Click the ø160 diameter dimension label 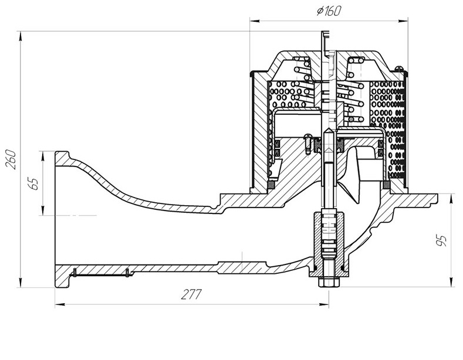coord(329,11)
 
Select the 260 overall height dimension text coord(11,159)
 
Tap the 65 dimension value coord(35,184)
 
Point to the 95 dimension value coord(441,240)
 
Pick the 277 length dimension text coord(191,294)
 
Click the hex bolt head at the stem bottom coord(329,283)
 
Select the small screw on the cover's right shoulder coord(398,69)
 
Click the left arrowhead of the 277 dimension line coord(60,304)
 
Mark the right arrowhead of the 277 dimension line coord(325,304)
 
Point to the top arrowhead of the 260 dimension coord(21,36)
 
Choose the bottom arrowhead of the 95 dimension coord(451,282)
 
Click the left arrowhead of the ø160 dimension coord(255,21)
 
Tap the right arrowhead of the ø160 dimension coord(403,21)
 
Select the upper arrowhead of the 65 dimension coord(43,155)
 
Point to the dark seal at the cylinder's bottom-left coord(271,185)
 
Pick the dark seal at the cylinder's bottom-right coord(386,185)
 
